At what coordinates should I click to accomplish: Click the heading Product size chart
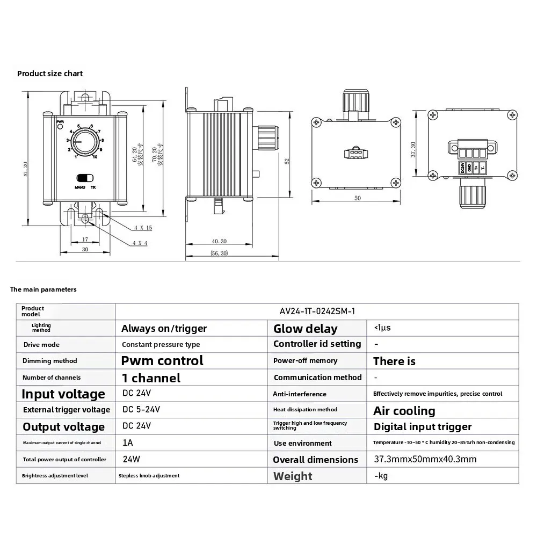pyautogui.click(x=50, y=74)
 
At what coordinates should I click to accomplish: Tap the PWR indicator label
pyautogui.click(x=60, y=122)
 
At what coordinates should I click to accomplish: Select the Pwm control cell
pyautogui.click(x=162, y=360)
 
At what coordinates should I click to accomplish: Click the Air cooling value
pyautogui.click(x=404, y=411)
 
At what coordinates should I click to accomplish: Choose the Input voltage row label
pyautogui.click(x=63, y=394)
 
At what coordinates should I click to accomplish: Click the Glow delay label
pyautogui.click(x=305, y=329)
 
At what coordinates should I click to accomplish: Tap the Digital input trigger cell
pyautogui.click(x=422, y=427)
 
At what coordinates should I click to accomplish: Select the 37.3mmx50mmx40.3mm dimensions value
pyautogui.click(x=425, y=459)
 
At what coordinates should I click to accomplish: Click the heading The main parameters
pyautogui.click(x=43, y=289)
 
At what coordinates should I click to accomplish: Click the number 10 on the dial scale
pyautogui.click(x=95, y=157)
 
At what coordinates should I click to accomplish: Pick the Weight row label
pyautogui.click(x=293, y=476)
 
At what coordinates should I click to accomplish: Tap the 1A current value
pyautogui.click(x=128, y=443)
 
